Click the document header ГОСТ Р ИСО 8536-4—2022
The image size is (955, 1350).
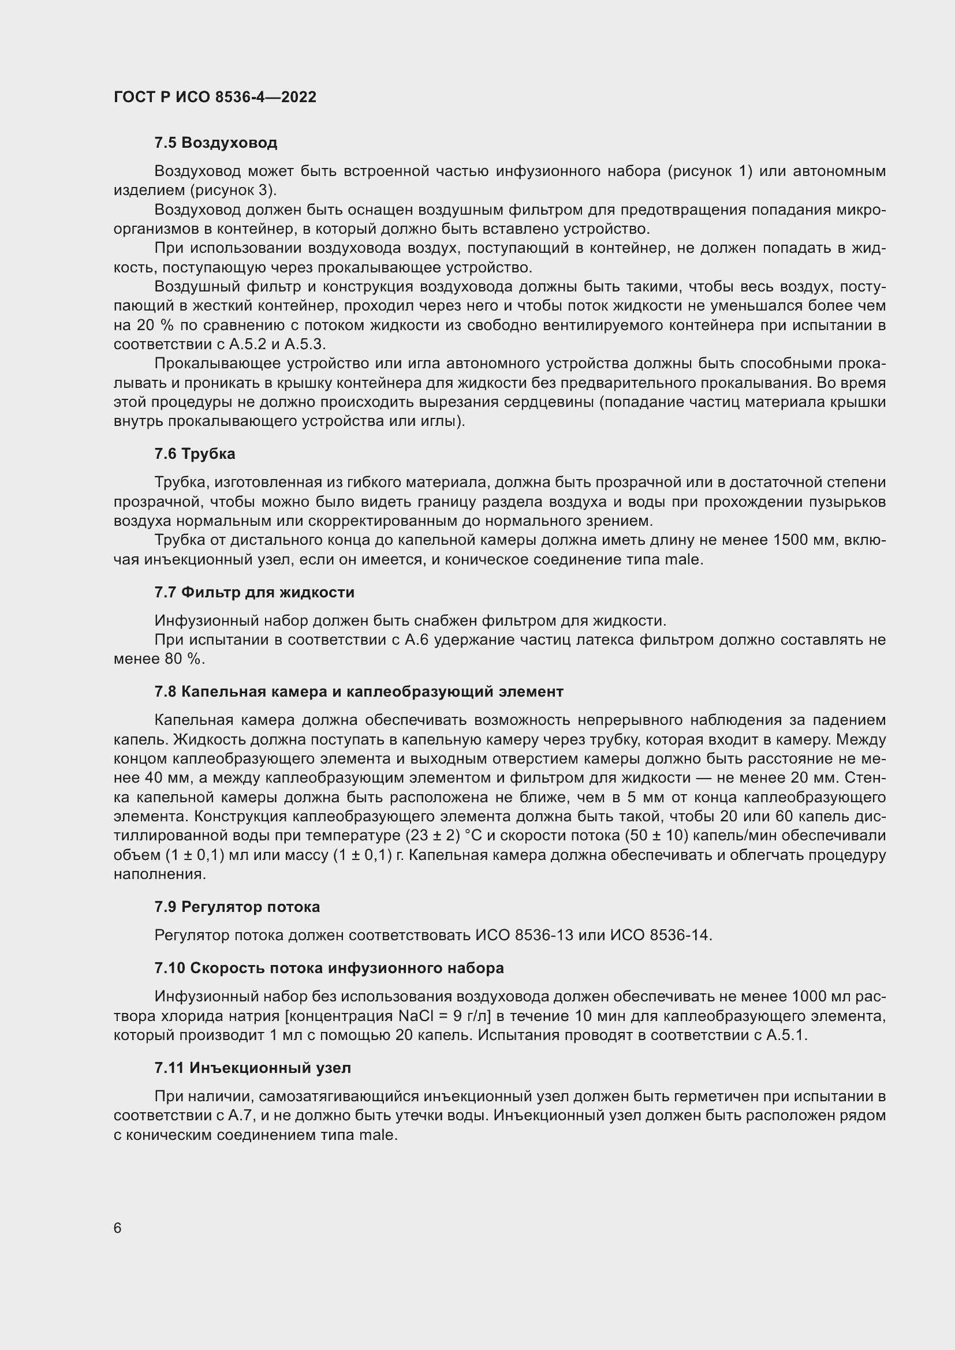(215, 97)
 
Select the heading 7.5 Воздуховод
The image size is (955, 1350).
(216, 143)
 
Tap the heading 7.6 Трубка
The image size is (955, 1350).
(195, 454)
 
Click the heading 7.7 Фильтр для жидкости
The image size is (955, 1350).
(254, 592)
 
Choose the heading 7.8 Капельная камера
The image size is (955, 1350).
(359, 691)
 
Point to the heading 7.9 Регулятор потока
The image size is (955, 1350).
(237, 907)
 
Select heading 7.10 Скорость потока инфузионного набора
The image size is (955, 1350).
(329, 968)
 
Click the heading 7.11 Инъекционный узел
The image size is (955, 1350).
(252, 1068)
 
